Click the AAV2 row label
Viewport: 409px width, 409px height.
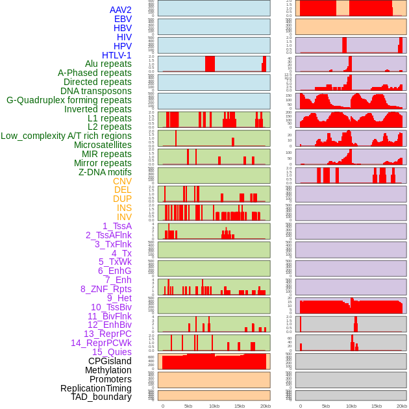click(121, 10)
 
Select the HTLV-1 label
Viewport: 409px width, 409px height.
click(117, 55)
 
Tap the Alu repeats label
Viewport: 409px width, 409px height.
click(108, 64)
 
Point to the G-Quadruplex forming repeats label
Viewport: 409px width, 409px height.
click(69, 100)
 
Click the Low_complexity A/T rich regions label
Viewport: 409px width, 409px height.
click(66, 136)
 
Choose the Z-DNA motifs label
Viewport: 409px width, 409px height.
click(105, 172)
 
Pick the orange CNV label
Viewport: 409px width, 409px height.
click(122, 181)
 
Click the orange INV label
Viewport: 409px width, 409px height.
click(124, 217)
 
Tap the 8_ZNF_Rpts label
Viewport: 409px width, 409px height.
click(106, 289)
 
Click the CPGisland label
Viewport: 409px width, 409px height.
click(110, 361)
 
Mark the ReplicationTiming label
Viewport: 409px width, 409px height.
click(96, 388)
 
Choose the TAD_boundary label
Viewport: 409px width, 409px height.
click(101, 397)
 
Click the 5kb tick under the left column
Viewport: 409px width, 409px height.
click(188, 406)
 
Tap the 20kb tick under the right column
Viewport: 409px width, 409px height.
click(402, 406)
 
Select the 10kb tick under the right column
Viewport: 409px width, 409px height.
click(351, 406)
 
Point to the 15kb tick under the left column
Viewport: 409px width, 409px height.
click(240, 406)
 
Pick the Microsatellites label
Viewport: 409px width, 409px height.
click(103, 145)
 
